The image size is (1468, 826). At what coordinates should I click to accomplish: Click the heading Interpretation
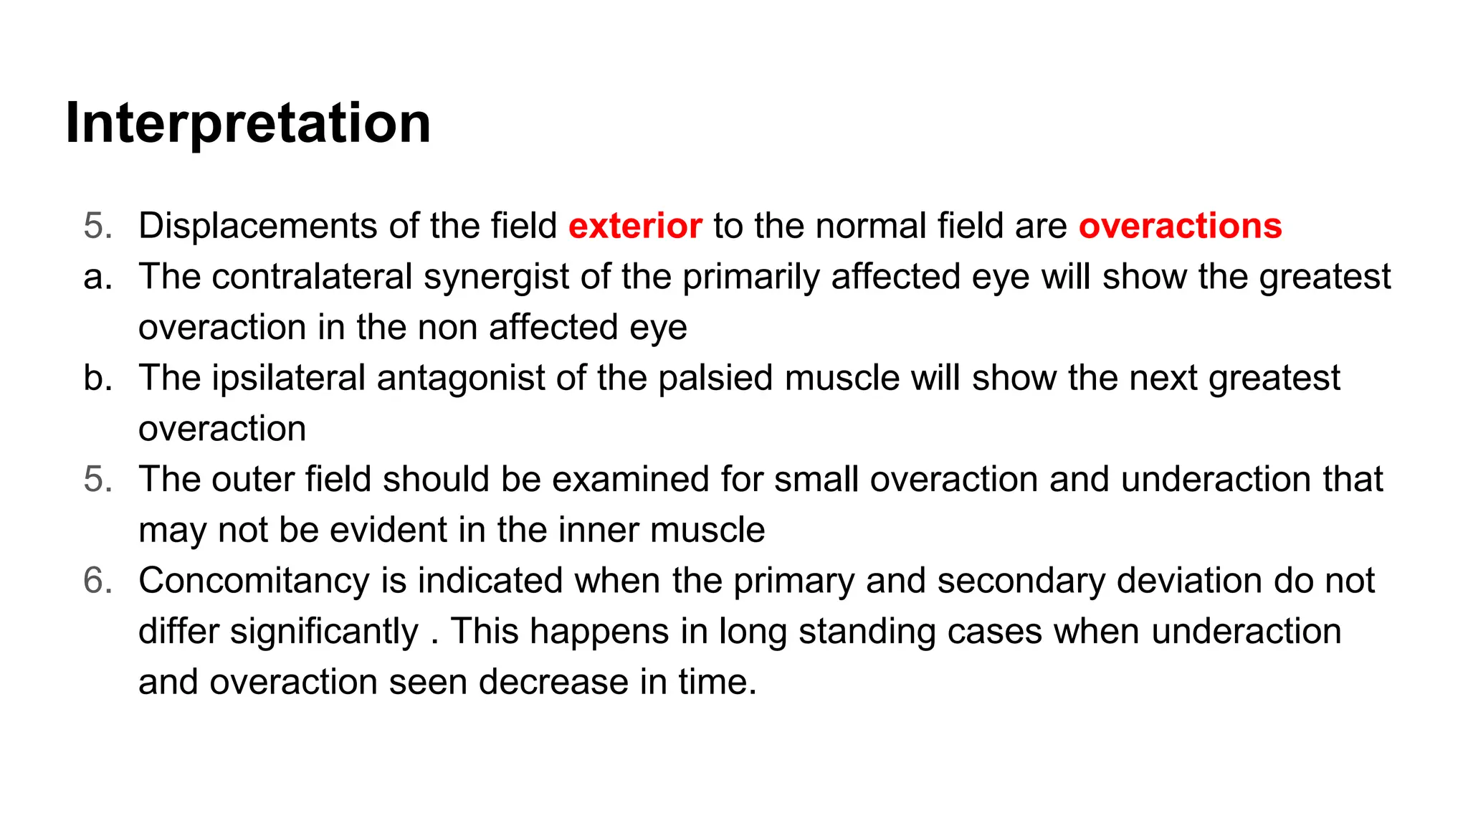coord(248,123)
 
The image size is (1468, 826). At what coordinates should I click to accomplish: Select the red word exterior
coord(635,226)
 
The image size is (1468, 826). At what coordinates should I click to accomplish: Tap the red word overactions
coord(1180,226)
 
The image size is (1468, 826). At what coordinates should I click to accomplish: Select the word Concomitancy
coord(254,581)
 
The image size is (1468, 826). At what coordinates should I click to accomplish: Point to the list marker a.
coord(97,277)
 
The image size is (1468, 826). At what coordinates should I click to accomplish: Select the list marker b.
coord(97,379)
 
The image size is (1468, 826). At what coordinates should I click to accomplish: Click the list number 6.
coord(97,581)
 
